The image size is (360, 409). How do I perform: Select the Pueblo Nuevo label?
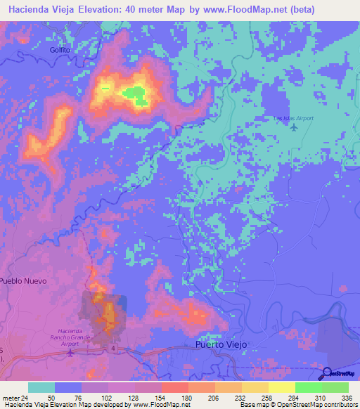23,281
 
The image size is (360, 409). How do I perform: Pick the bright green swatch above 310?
309,387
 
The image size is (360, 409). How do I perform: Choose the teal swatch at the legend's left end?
41,387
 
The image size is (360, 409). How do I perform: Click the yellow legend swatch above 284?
282,387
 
